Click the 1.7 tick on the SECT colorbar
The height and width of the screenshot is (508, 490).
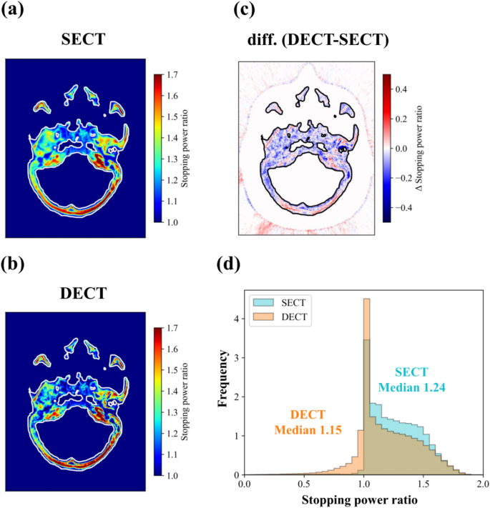coord(173,74)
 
